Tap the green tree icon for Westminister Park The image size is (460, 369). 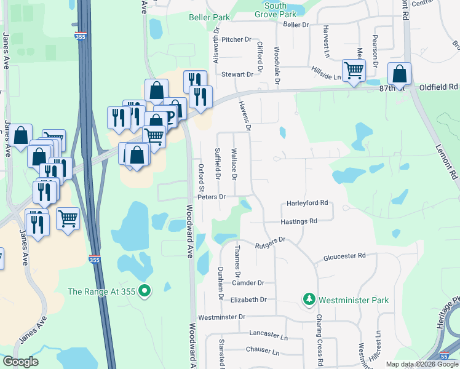point(309,300)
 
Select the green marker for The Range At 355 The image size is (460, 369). point(145,291)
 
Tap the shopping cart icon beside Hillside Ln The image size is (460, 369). point(354,71)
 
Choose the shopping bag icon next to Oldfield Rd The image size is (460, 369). point(400,74)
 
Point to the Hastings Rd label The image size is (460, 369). point(298,221)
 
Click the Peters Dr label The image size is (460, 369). point(212,197)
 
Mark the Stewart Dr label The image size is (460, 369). point(237,74)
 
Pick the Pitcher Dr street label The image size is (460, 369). point(237,39)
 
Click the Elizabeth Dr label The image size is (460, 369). point(248,300)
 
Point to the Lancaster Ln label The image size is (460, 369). point(269,333)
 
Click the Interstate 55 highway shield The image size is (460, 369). point(445,356)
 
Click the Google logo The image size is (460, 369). point(20,362)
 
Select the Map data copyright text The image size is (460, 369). point(422,364)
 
